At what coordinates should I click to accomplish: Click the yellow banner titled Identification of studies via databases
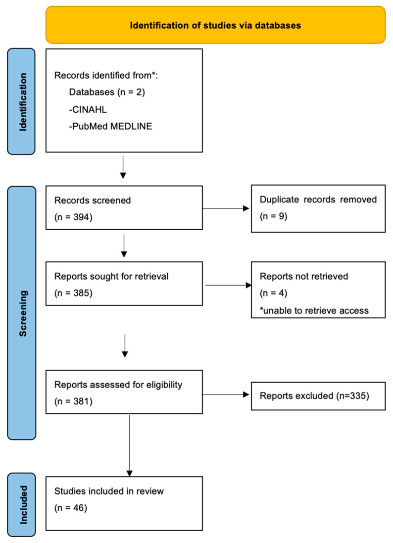click(215, 25)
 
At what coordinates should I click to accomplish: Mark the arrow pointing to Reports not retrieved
click(227, 285)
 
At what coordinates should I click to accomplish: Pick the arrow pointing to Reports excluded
click(227, 395)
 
